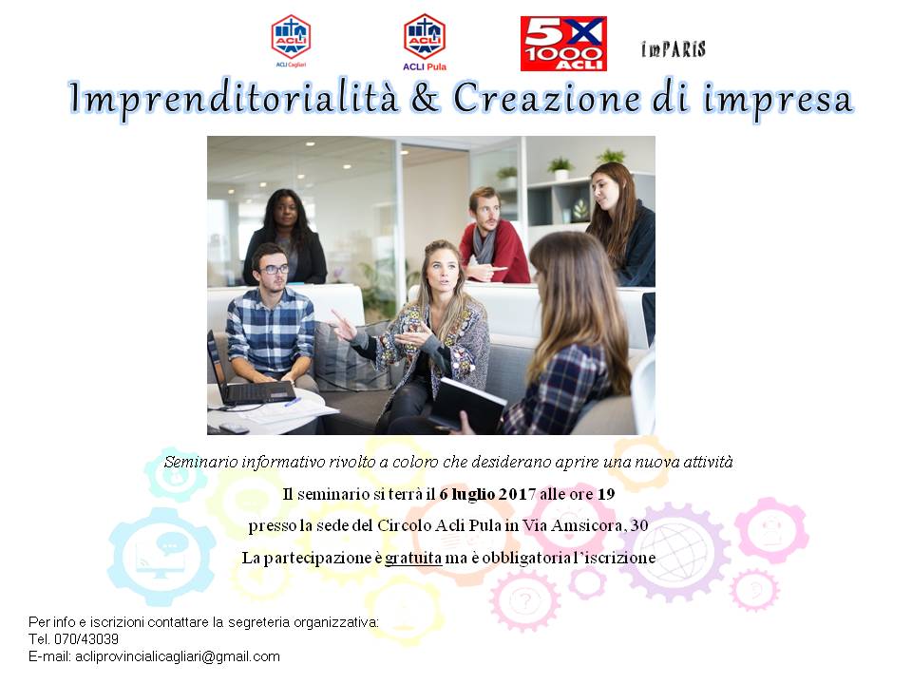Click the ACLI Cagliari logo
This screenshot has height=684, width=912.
tap(291, 41)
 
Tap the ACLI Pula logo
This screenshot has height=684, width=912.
tap(425, 42)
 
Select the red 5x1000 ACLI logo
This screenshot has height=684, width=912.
tap(563, 44)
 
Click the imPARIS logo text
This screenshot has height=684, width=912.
tap(674, 49)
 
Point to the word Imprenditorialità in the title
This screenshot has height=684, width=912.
tap(234, 99)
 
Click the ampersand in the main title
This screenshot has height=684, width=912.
tap(426, 98)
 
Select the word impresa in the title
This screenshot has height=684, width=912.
tap(778, 100)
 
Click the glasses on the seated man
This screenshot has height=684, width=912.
tap(274, 269)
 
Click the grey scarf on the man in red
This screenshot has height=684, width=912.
tap(484, 244)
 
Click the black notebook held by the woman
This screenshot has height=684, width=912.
tap(466, 405)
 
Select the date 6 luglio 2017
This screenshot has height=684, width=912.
tap(487, 494)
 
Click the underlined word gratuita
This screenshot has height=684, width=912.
tap(413, 558)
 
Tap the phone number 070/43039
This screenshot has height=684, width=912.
tap(86, 639)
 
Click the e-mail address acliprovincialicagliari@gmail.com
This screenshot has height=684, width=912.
tap(178, 656)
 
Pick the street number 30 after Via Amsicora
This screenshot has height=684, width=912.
tap(639, 525)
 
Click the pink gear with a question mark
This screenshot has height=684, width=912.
tap(525, 600)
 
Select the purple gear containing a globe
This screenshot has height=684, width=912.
tap(676, 551)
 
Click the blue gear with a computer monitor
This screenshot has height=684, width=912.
tap(161, 557)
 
